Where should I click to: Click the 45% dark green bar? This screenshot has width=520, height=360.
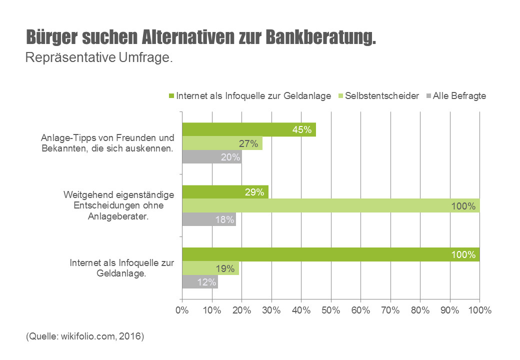click(248, 130)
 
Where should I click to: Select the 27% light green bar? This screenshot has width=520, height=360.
click(222, 143)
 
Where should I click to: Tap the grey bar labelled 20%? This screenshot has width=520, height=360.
click(211, 157)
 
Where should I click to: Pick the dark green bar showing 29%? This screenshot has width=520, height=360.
click(225, 192)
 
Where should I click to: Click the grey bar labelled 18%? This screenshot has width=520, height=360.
click(208, 219)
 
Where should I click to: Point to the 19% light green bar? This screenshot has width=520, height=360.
click(210, 268)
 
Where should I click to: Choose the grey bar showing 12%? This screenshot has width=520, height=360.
click(200, 282)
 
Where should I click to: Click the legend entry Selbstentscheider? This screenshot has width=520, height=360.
click(381, 96)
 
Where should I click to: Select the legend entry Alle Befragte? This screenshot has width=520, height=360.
click(459, 96)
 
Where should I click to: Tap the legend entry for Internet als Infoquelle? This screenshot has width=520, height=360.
click(253, 96)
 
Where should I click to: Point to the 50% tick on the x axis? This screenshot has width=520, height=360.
click(331, 310)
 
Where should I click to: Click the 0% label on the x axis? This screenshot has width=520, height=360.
click(182, 310)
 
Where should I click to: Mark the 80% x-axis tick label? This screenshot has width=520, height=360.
click(420, 310)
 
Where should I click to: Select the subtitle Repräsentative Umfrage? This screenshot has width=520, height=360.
click(99, 57)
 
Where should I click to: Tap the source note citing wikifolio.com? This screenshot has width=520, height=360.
click(85, 336)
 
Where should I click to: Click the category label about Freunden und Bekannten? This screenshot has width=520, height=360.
click(108, 143)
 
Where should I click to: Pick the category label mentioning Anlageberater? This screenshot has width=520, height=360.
click(119, 206)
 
